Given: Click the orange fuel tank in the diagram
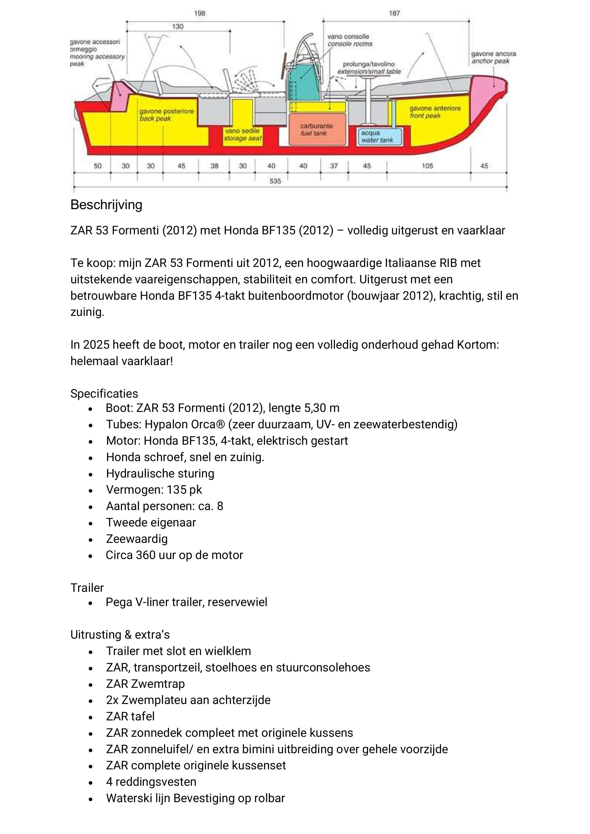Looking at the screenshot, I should click(x=316, y=129).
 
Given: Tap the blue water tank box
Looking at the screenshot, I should click(x=380, y=137).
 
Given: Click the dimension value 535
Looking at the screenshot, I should click(x=275, y=181).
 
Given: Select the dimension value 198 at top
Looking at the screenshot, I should click(x=200, y=14).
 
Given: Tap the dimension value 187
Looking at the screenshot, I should click(x=395, y=14).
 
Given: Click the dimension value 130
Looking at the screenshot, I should click(x=178, y=27).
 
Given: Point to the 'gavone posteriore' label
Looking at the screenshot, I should click(x=166, y=111).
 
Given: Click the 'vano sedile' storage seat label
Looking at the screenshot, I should click(x=242, y=131).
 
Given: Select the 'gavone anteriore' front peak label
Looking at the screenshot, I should click(x=435, y=108).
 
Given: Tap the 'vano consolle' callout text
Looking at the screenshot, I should click(x=348, y=37).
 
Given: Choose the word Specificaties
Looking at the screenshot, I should click(x=104, y=393).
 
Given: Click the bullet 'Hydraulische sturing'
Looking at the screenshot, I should click(x=160, y=473).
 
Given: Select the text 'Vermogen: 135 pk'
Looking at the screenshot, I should click(x=154, y=490).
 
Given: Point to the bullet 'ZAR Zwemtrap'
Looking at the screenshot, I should click(x=145, y=684).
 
